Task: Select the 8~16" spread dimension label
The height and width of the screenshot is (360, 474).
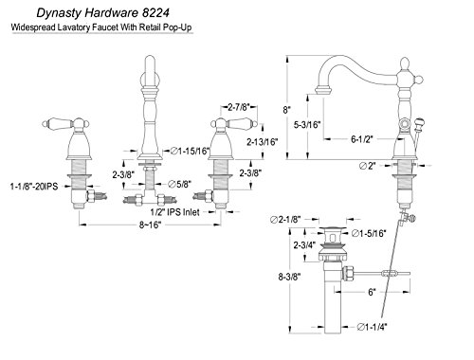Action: coord(151,225)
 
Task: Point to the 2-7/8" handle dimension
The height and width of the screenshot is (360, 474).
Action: coord(239,107)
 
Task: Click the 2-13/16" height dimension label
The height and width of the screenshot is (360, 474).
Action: coord(263,142)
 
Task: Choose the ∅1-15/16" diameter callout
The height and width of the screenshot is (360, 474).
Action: coord(191,152)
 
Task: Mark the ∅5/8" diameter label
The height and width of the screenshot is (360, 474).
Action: coord(180,184)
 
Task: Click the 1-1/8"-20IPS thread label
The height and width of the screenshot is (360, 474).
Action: coord(34,187)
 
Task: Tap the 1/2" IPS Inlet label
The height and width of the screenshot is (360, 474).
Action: coord(175,212)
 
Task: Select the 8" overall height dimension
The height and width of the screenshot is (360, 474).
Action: coord(286,110)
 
